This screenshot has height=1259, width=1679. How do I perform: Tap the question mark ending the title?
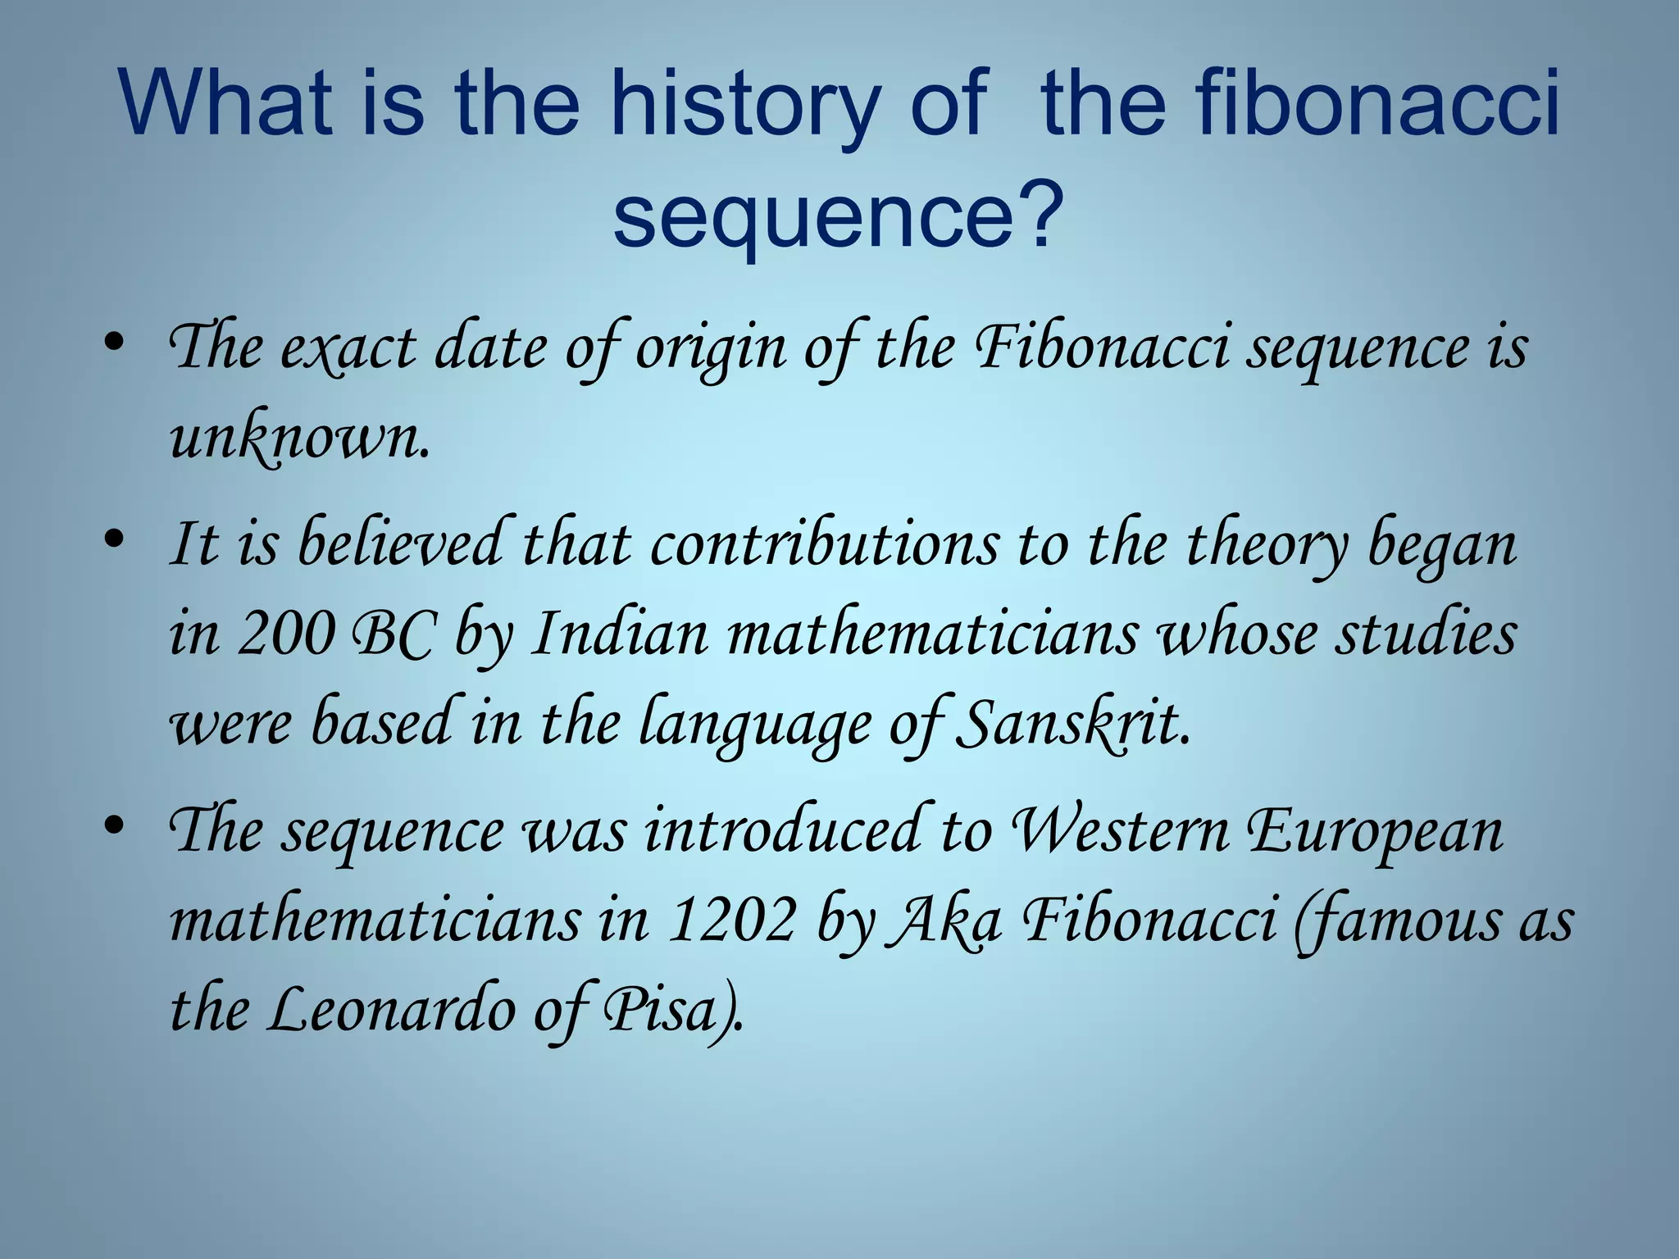(1034, 215)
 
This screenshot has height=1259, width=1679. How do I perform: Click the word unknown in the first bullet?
(298, 438)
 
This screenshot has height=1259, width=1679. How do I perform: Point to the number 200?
(286, 633)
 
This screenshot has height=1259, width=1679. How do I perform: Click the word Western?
(1121, 829)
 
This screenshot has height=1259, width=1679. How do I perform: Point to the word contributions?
(825, 544)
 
